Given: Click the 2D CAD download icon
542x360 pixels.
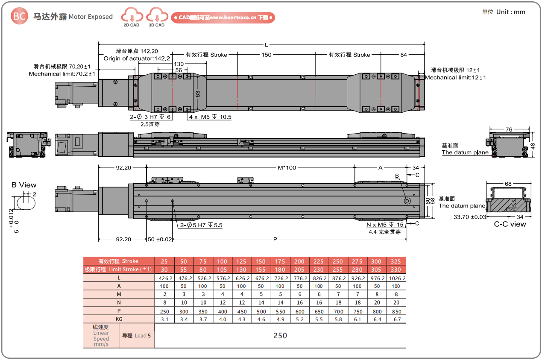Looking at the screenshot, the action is [x=132, y=17].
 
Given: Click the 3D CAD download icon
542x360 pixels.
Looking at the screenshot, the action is [x=157, y=17].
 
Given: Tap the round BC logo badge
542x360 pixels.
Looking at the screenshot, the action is [x=19, y=16].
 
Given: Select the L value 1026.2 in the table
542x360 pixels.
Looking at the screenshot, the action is [x=397, y=278].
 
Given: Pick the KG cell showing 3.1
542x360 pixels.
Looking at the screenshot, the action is [x=164, y=319].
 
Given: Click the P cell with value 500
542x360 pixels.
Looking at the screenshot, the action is [x=261, y=312].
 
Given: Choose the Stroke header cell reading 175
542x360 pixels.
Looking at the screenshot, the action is [x=280, y=261].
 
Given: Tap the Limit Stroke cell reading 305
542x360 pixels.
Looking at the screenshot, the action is [x=376, y=269].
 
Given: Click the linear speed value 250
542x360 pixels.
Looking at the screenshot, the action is [x=280, y=336].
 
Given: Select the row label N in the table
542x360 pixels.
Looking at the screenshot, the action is [x=119, y=303].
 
